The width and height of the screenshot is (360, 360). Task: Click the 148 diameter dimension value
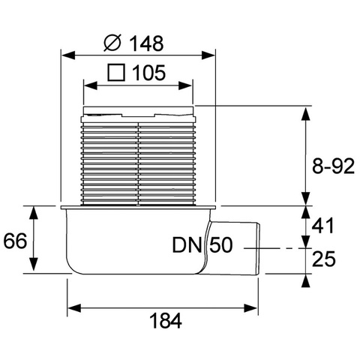coord(147,43)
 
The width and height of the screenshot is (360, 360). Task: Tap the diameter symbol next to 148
coord(112,43)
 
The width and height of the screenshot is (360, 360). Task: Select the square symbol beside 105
coord(116,73)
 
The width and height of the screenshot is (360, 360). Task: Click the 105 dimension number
coord(148,73)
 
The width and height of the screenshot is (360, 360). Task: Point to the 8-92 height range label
coord(333,166)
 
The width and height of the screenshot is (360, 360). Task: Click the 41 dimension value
coord(322,226)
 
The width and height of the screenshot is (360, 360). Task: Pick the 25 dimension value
coord(324,259)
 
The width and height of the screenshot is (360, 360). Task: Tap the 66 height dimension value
coord(15,241)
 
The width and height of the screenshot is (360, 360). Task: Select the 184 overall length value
coord(166,320)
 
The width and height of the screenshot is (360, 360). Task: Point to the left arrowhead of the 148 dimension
coord(68,55)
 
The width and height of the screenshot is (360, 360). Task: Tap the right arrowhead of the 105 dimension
coord(185,86)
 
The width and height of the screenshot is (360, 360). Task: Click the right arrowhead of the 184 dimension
coord(251,308)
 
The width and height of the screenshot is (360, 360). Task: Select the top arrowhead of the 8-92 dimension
coord(306,114)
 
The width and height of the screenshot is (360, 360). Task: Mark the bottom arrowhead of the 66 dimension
coord(34,265)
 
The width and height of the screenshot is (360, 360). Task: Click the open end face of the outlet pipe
coord(259,249)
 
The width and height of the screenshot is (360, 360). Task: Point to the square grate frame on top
coord(138,110)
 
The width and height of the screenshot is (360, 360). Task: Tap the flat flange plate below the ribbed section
coord(138,208)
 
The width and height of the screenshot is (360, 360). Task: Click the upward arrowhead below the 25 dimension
coord(306,280)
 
